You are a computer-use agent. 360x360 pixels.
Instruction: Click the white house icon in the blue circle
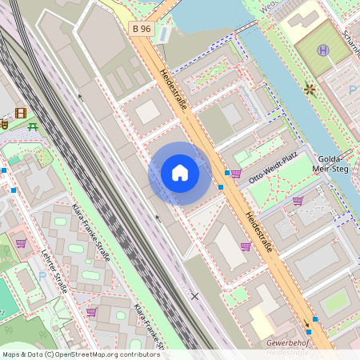tap(180, 173)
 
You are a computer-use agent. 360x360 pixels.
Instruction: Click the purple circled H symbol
tap(324, 50)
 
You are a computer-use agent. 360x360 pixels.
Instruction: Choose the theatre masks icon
tap(3, 124)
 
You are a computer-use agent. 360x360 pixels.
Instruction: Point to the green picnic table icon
tap(33, 126)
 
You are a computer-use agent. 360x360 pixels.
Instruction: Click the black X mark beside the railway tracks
tap(194, 296)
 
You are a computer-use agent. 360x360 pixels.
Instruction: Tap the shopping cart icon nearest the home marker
tap(236, 173)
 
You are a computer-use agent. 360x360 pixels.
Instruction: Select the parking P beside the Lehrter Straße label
tap(42, 276)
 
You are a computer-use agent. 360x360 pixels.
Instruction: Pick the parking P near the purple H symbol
tap(353, 90)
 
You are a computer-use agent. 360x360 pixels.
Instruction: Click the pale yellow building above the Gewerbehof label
tap(262, 320)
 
